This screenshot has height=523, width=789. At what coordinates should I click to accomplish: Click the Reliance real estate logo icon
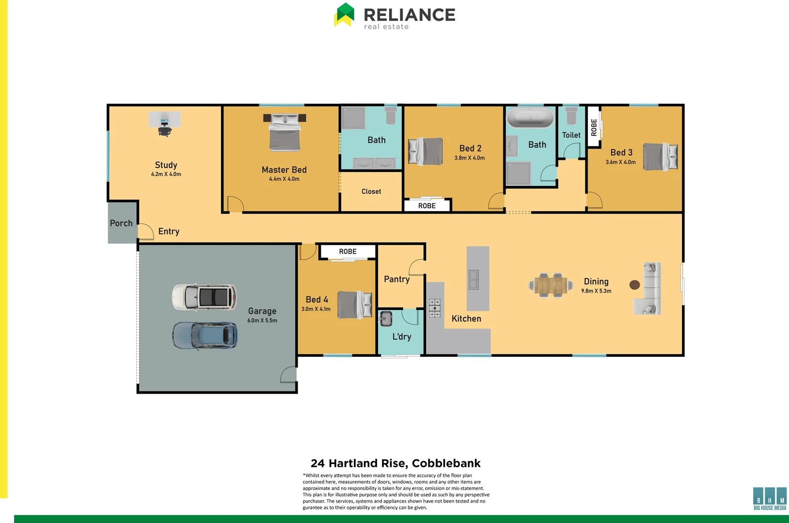344,15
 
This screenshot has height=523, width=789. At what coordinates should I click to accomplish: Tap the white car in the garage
204,297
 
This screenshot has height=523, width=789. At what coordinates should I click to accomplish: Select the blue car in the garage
205,336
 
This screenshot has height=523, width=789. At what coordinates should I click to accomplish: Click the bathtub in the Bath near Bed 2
530,118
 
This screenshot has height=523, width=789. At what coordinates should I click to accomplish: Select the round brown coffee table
634,285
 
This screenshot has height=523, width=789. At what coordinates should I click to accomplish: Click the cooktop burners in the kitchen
435,308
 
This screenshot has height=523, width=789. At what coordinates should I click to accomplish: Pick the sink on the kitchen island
473,279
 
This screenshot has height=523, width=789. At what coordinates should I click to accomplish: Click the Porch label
121,223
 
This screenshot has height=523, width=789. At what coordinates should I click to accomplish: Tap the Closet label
371,192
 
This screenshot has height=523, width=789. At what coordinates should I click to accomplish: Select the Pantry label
396,279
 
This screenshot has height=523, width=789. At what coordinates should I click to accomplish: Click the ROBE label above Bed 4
347,252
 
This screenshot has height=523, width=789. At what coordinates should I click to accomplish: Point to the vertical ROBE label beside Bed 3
594,127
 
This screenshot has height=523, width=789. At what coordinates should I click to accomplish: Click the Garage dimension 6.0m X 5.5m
262,321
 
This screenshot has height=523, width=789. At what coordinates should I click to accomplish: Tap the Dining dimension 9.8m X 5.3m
596,291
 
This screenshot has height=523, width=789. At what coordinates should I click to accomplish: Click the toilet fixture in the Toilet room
571,116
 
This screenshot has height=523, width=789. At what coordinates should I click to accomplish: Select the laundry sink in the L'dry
386,319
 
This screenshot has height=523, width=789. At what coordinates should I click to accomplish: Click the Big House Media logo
770,498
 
